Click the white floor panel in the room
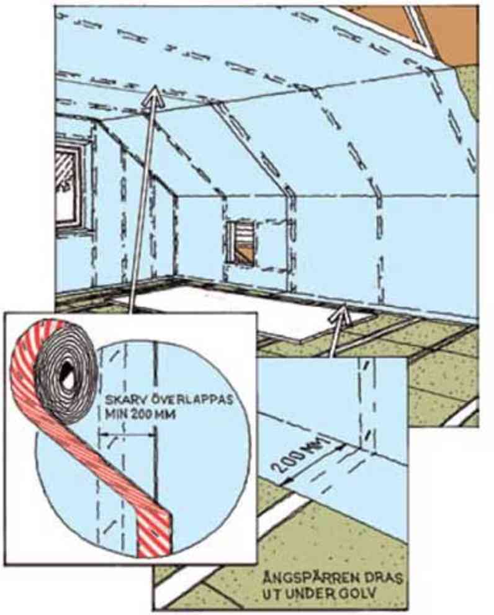point(243,310)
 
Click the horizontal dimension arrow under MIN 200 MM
point(127,434)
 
